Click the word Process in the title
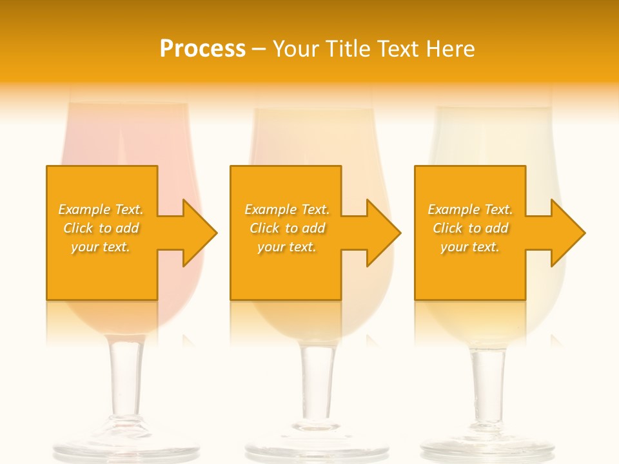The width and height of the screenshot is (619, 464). tap(202, 49)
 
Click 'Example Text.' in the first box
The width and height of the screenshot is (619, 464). tap(101, 209)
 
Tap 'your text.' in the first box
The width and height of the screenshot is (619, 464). tap(101, 247)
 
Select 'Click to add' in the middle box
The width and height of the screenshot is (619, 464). tap(287, 228)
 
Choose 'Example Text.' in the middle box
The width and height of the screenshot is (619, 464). tap(287, 209)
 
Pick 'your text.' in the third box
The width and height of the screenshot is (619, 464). tap(470, 247)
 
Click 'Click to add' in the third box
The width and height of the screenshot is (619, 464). tap(470, 228)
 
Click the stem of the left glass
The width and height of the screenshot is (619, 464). tap(126, 380)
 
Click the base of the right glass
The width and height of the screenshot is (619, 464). tap(488, 448)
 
